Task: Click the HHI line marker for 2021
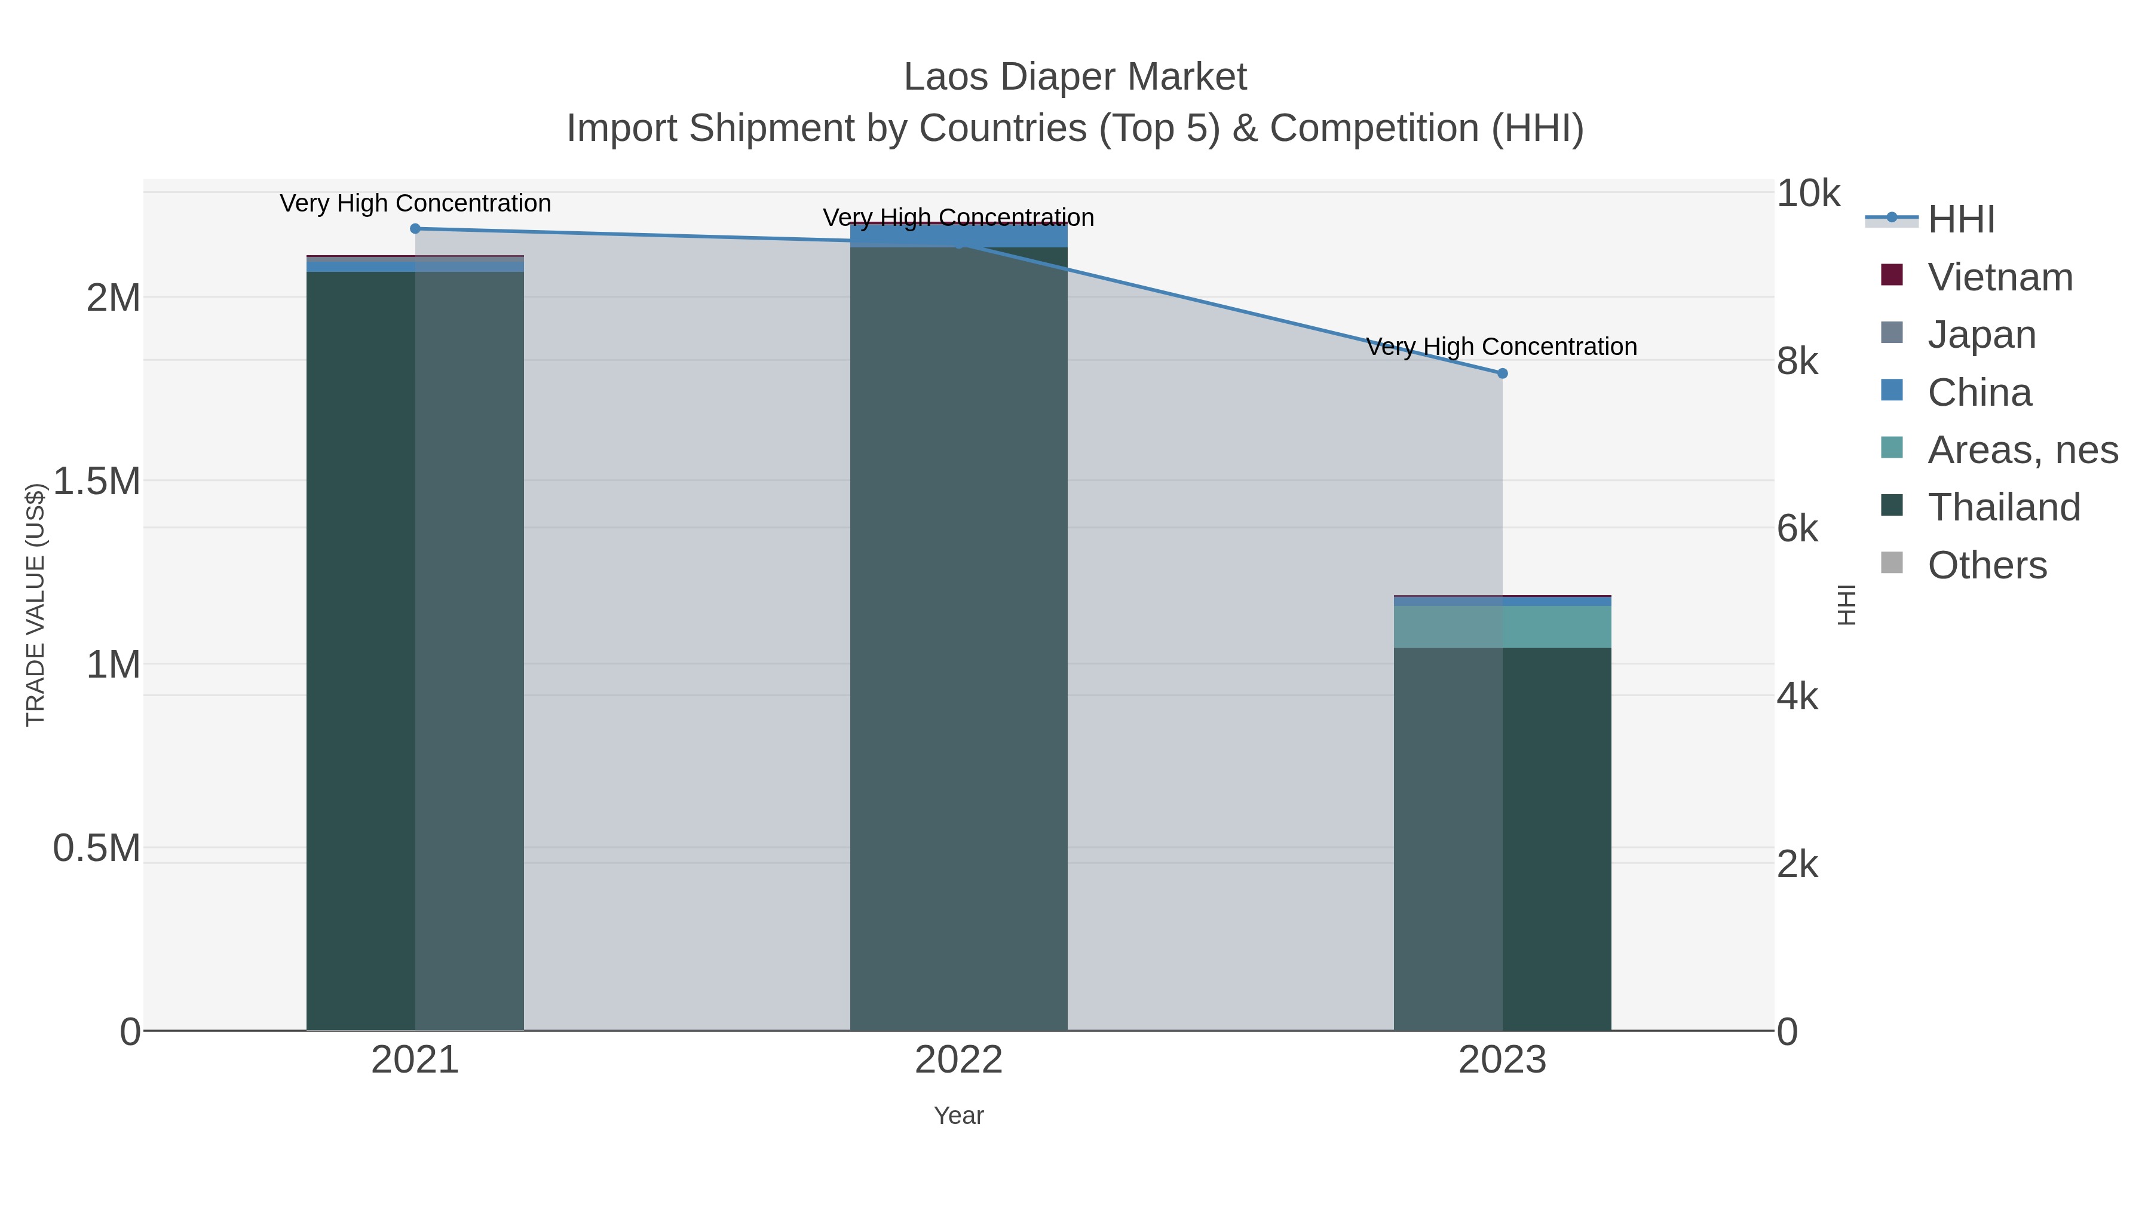pyautogui.click(x=415, y=229)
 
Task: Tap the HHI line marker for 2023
pyautogui.click(x=1502, y=373)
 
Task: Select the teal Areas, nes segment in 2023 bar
pyautogui.click(x=1502, y=626)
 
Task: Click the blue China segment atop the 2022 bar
pyautogui.click(x=958, y=235)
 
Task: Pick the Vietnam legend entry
pyautogui.click(x=1999, y=277)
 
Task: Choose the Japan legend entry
pyautogui.click(x=1981, y=335)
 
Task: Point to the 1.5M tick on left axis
pyautogui.click(x=96, y=482)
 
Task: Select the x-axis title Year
pyautogui.click(x=958, y=1116)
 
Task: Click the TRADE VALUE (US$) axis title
pyautogui.click(x=35, y=605)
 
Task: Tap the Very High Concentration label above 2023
pyautogui.click(x=1502, y=347)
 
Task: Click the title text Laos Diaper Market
pyautogui.click(x=1075, y=77)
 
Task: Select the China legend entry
pyautogui.click(x=1979, y=393)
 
